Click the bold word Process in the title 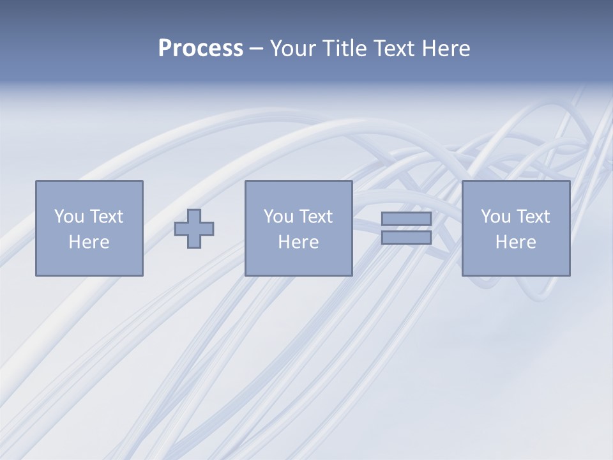click(201, 49)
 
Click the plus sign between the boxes click(194, 229)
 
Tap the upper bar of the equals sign click(406, 218)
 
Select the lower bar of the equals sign click(406, 238)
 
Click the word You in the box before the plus click(70, 217)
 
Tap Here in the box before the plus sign click(89, 242)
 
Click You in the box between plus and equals click(279, 217)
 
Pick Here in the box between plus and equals click(299, 242)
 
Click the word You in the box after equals click(496, 217)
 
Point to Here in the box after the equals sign click(516, 242)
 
